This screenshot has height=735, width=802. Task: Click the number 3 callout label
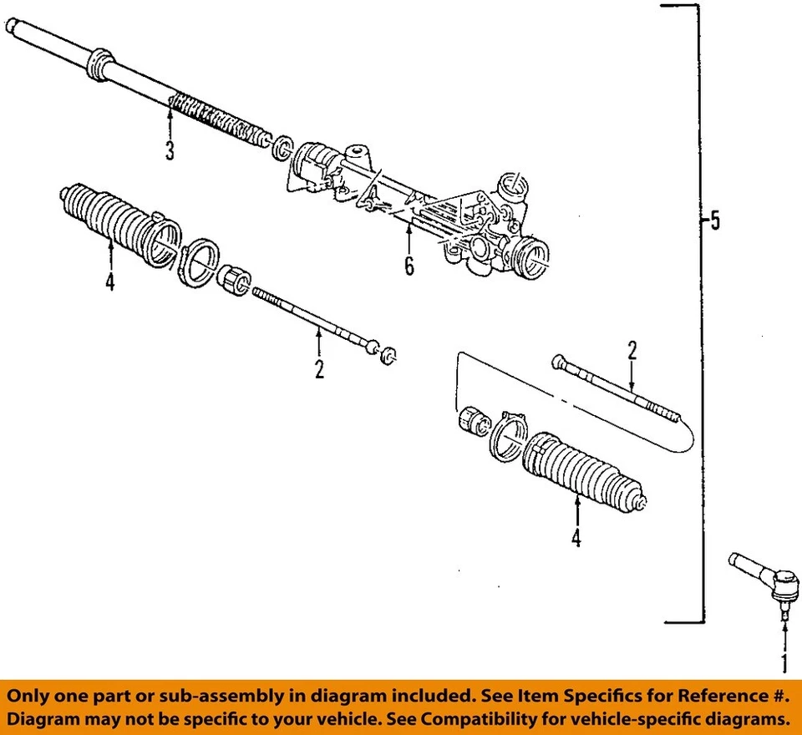(x=170, y=151)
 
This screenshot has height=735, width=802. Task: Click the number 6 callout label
(x=409, y=266)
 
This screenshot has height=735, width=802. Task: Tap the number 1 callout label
(x=784, y=665)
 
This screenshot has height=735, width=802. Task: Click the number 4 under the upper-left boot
(x=109, y=282)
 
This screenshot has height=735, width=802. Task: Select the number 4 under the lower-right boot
(x=576, y=539)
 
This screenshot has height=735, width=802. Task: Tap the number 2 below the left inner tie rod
(x=319, y=368)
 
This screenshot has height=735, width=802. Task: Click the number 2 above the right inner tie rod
(x=632, y=350)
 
